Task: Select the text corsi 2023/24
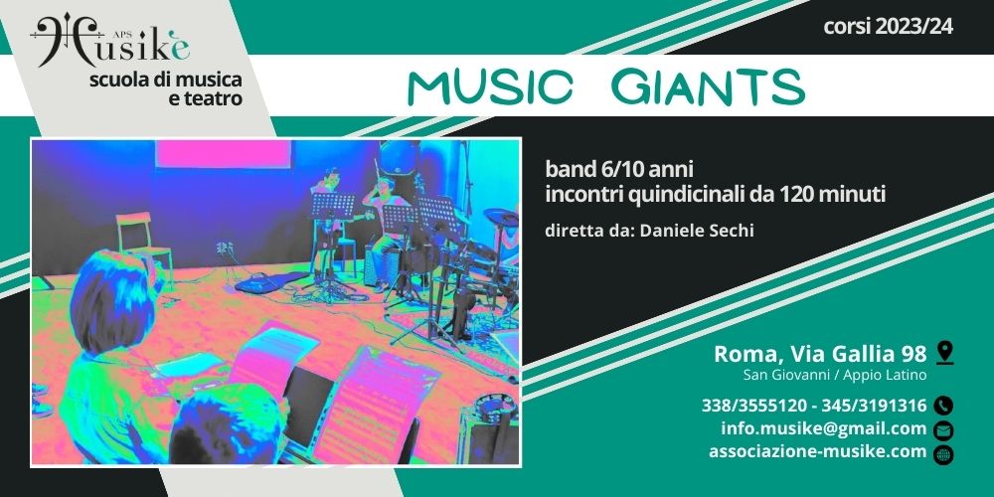[x=888, y=27]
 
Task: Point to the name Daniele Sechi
[x=697, y=231]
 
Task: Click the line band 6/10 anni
[x=619, y=170]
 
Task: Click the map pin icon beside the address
[x=944, y=353]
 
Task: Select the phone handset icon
[x=944, y=406]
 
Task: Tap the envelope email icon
[x=944, y=429]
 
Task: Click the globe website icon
[x=944, y=454]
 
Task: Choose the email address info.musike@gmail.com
[x=823, y=429]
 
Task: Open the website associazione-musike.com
[x=818, y=452]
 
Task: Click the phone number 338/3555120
[x=754, y=406]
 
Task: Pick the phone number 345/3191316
[x=874, y=406]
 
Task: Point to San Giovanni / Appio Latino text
[x=835, y=376]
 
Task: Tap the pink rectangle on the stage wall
[x=223, y=154]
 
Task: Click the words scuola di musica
[x=166, y=81]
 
